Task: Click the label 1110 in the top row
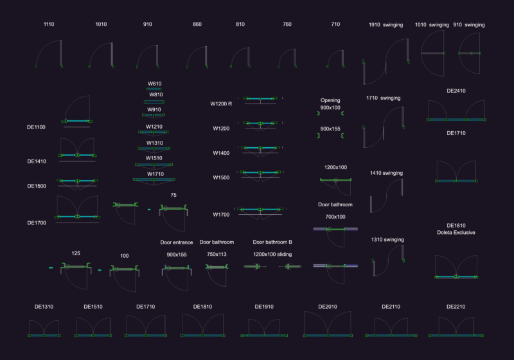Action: pos(49,24)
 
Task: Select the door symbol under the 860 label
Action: pos(197,57)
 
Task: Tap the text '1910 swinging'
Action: pos(386,25)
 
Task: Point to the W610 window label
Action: pos(154,84)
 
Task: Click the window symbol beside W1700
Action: pos(260,212)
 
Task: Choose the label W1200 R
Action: pos(221,104)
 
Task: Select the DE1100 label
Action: pos(36,127)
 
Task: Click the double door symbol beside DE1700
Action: pos(77,210)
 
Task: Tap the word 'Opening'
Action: pos(330,100)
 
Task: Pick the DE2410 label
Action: pos(456,91)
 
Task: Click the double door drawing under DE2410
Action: pos(456,111)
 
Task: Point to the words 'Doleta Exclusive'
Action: pos(456,233)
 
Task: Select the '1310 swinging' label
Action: pos(387,240)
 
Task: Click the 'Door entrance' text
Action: pos(176,242)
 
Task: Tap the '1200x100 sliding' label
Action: pos(272,255)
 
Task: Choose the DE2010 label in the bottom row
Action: pos(328,307)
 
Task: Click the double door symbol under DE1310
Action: pos(44,328)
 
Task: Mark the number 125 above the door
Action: pos(76,253)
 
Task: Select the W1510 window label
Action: pos(154,158)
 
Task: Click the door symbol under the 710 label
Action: pos(335,59)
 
